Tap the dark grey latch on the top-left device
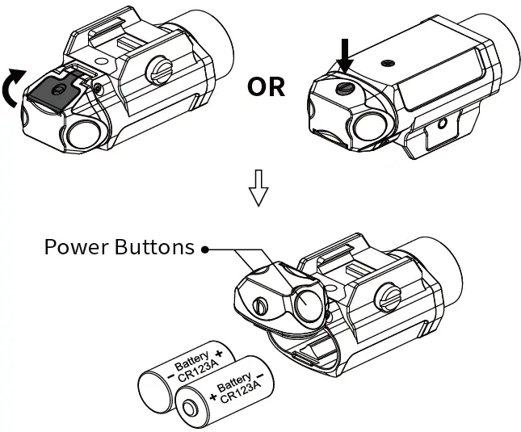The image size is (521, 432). (x=50, y=92)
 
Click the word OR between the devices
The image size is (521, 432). (x=266, y=86)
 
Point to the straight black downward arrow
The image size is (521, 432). (x=347, y=56)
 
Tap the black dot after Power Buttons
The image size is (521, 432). (x=207, y=249)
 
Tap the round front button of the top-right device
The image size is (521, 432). (x=369, y=123)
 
